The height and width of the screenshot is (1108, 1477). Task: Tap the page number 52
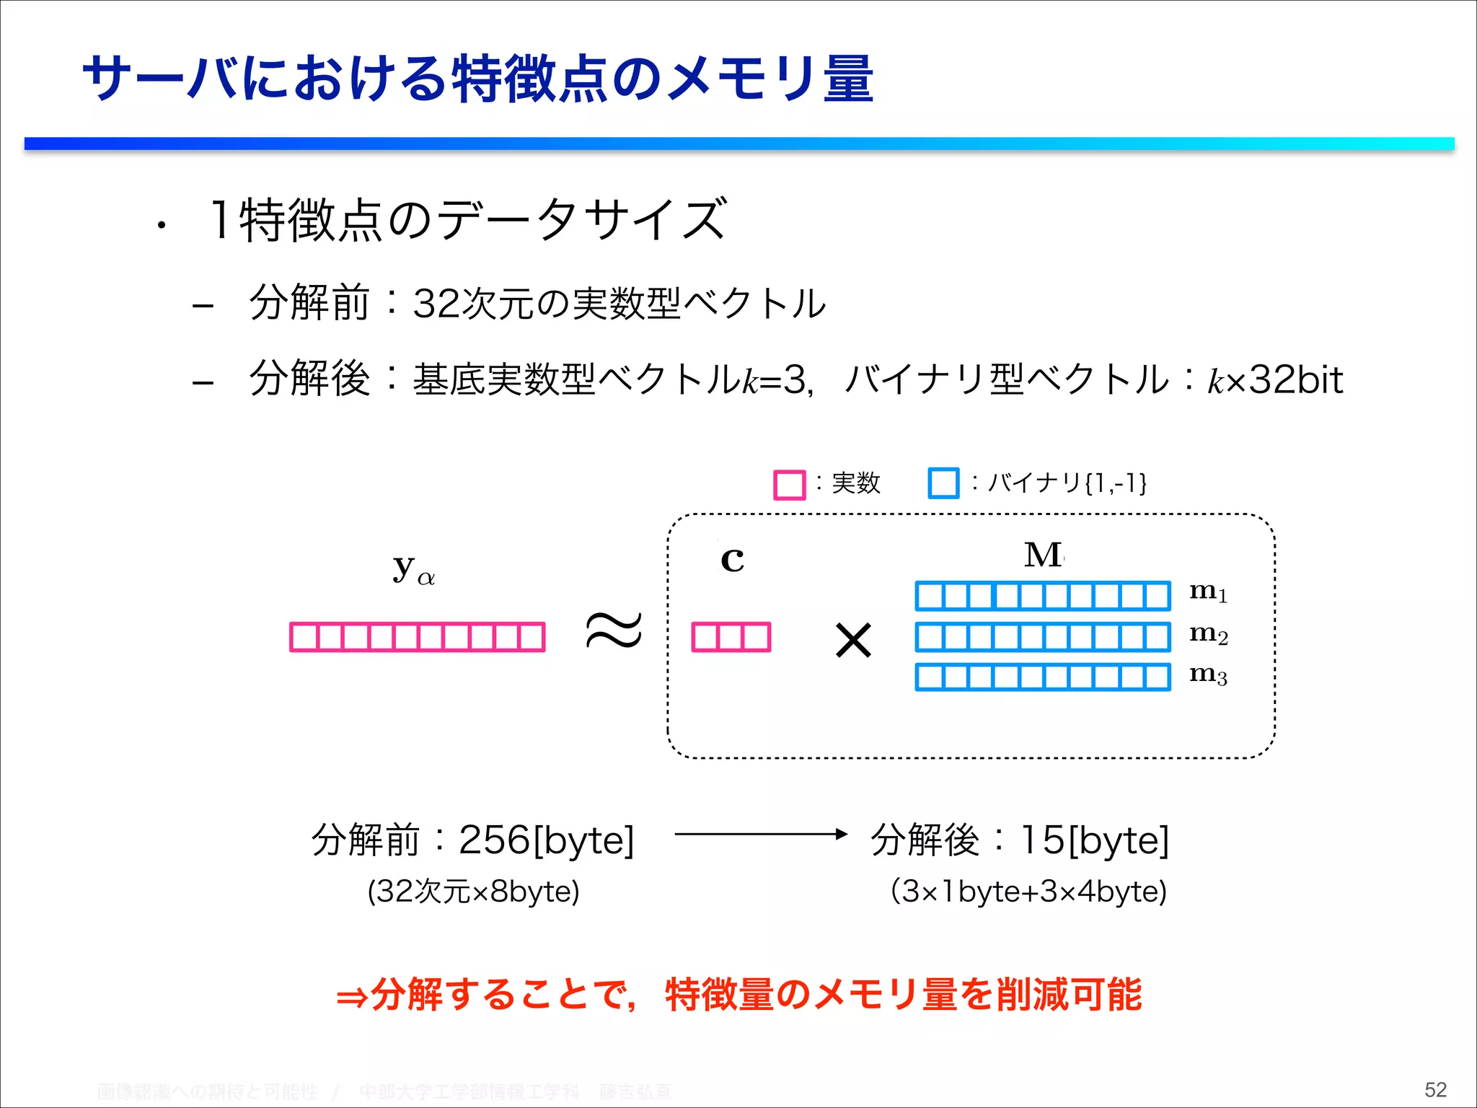point(1435,1089)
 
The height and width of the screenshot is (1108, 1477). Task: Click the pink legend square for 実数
point(789,485)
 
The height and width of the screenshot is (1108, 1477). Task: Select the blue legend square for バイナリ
point(943,483)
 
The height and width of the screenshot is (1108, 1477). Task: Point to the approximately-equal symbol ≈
point(613,630)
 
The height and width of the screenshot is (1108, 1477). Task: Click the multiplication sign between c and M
point(853,640)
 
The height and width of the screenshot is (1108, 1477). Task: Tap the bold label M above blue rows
point(1043,555)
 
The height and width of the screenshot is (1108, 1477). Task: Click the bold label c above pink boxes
point(732,560)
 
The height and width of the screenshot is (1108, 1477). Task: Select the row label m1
point(1208,592)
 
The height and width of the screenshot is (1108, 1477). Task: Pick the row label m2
point(1208,634)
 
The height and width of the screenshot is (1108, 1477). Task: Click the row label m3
point(1208,674)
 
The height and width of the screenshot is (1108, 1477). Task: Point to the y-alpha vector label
point(413,570)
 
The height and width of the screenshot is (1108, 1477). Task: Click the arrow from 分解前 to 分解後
point(761,835)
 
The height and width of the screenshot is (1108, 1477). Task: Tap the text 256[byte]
point(546,840)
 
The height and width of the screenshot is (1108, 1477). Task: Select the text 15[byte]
point(1095,840)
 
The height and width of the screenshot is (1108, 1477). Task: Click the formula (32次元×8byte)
point(474,892)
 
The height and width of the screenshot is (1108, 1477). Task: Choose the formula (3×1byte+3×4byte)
point(1029,892)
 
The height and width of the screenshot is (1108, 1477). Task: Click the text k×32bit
point(1275,380)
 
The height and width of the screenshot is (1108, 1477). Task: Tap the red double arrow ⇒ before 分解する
point(353,998)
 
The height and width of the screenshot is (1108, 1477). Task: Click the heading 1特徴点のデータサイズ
point(468,220)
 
